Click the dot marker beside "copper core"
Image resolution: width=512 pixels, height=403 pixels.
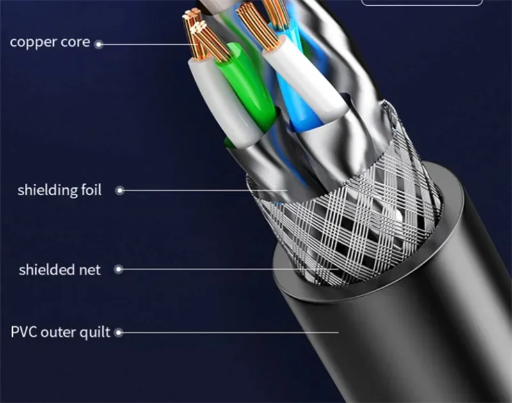(99, 43)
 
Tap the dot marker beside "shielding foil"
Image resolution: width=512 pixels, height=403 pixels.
(118, 191)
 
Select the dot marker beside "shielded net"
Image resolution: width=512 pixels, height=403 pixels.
(117, 270)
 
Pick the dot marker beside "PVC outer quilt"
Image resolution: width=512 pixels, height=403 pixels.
(118, 333)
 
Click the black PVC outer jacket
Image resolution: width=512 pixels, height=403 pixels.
(410, 333)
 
